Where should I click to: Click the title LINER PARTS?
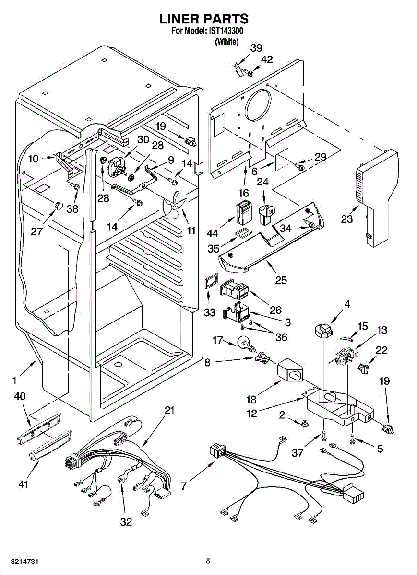[204, 19]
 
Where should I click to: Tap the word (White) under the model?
[226, 42]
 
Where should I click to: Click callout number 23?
[346, 219]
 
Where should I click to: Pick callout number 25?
[281, 280]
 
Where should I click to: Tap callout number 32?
[126, 522]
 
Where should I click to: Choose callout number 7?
[184, 486]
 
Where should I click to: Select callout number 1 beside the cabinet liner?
[15, 381]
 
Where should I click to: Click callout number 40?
[20, 397]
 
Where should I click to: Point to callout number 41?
[23, 485]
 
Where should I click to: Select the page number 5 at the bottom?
[208, 561]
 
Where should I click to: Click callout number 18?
[251, 399]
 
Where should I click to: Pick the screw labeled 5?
[353, 437]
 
